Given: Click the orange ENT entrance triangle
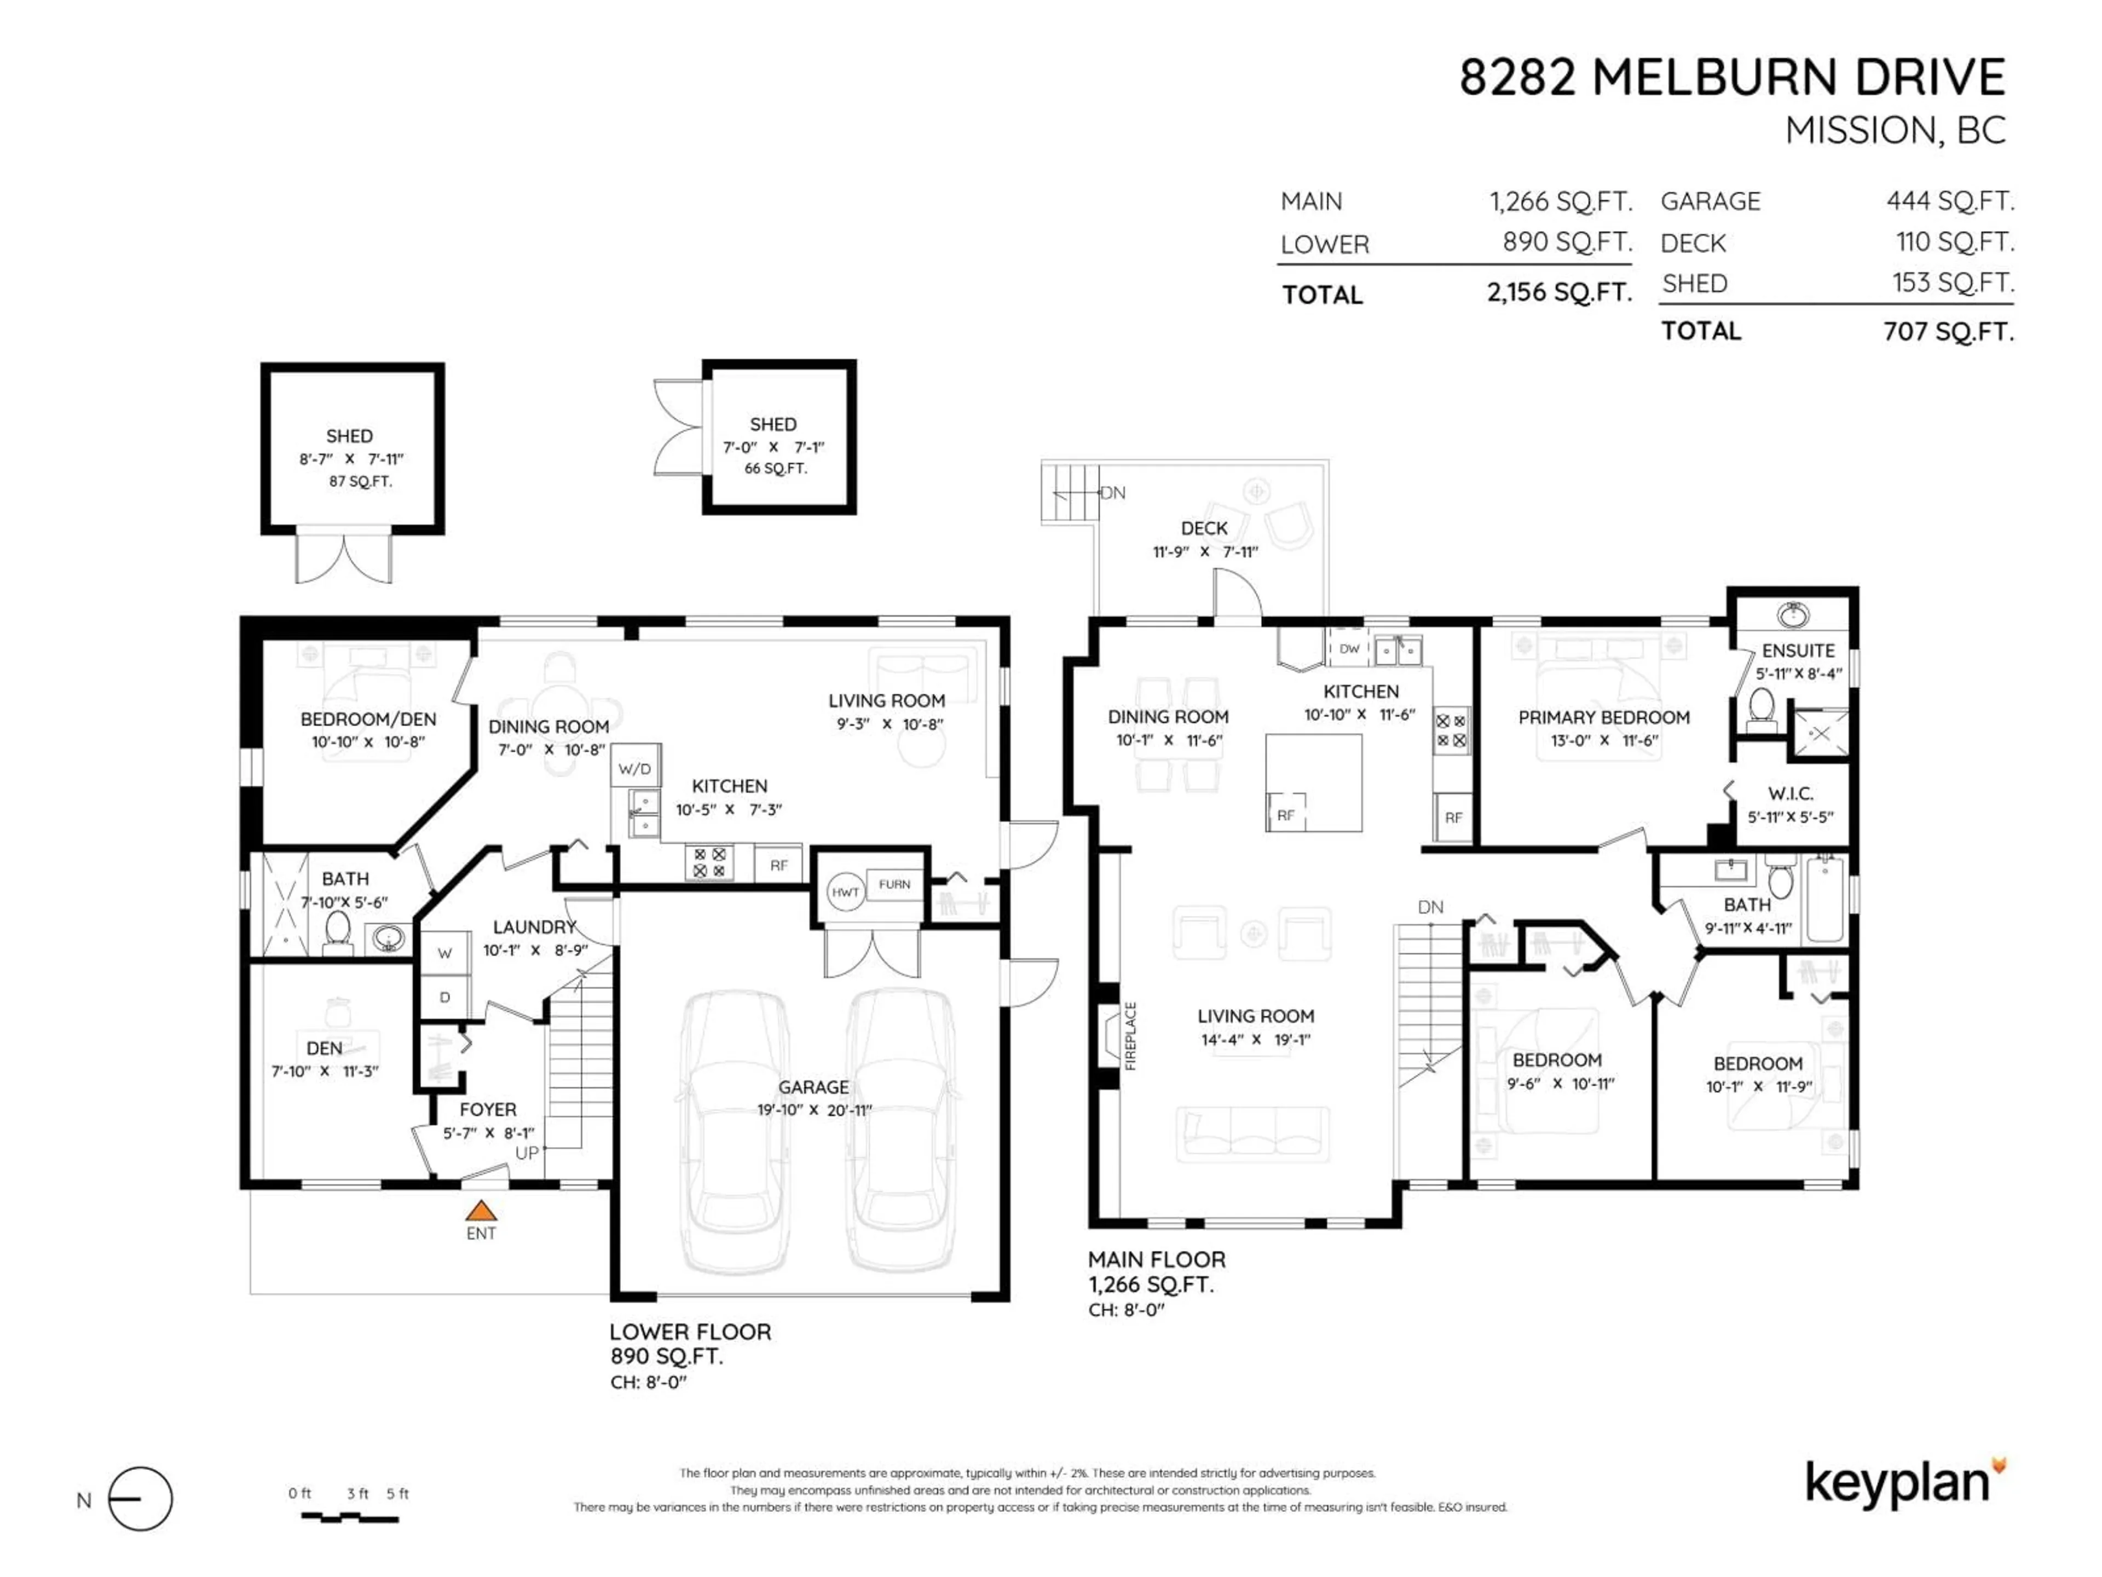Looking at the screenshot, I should tap(481, 1211).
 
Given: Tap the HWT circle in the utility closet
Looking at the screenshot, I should tap(845, 893).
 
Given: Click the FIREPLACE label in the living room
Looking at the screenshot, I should tap(1131, 1036).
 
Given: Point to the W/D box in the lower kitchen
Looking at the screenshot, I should tap(635, 768).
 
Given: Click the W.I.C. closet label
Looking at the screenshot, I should tap(1791, 793).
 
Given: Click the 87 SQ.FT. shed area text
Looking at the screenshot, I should tap(360, 481).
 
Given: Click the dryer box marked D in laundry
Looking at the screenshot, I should tap(444, 997).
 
